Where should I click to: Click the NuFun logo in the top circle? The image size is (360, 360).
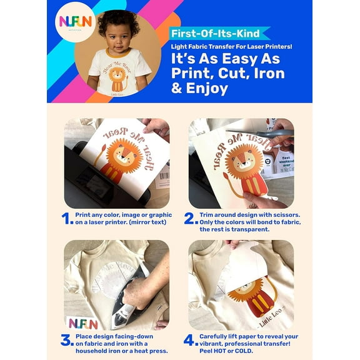coord(75,21)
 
